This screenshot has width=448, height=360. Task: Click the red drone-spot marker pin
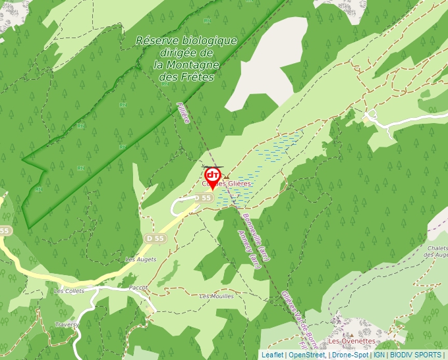pyautogui.click(x=213, y=176)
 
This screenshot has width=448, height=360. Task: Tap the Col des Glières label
pyautogui.click(x=227, y=184)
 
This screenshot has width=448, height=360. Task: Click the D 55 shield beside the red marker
pyautogui.click(x=206, y=197)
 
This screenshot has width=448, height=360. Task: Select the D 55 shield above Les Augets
pyautogui.click(x=155, y=238)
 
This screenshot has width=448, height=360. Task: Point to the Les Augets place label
pyautogui.click(x=141, y=259)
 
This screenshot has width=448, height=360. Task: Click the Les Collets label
pyautogui.click(x=69, y=291)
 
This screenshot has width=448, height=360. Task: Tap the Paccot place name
pyautogui.click(x=138, y=288)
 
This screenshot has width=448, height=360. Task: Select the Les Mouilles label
pyautogui.click(x=216, y=296)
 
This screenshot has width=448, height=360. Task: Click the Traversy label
pyautogui.click(x=67, y=324)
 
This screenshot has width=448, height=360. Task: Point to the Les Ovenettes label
pyautogui.click(x=352, y=341)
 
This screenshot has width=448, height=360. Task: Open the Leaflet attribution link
pyautogui.click(x=272, y=355)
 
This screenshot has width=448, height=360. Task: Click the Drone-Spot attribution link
pyautogui.click(x=350, y=355)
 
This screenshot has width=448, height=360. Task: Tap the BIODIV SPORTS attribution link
pyautogui.click(x=416, y=355)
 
